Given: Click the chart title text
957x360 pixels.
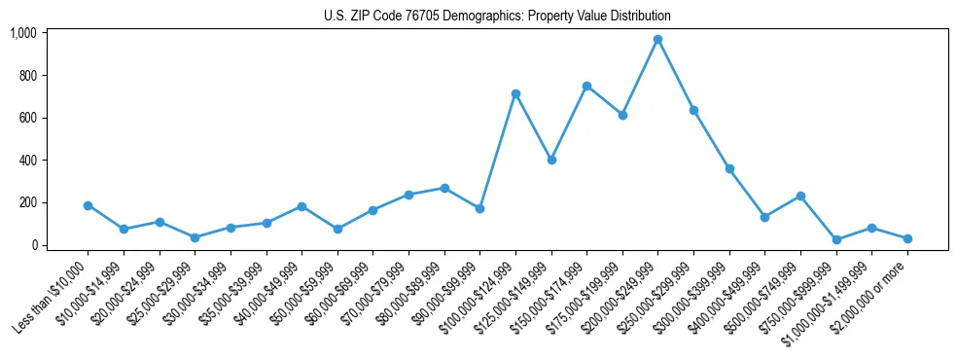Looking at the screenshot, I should [497, 17].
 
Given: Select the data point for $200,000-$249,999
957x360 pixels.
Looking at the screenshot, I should [657, 40].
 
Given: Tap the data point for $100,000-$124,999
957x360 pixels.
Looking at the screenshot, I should [515, 93].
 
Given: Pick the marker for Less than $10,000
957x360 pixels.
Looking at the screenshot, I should [88, 205].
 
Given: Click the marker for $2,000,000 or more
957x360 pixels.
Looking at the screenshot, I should [906, 238].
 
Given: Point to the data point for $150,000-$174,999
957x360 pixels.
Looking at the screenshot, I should [586, 86].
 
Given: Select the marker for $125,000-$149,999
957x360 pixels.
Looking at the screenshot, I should [551, 160].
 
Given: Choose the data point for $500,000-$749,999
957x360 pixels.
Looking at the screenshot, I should [800, 196].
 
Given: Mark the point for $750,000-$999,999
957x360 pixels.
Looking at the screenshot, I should [835, 239].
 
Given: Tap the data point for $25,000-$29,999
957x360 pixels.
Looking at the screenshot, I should [195, 237].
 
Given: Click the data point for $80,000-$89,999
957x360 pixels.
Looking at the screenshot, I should [444, 188].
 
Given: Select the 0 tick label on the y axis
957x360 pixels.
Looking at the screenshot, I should [35, 245].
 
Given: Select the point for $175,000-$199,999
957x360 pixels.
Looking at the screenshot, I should [622, 115].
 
